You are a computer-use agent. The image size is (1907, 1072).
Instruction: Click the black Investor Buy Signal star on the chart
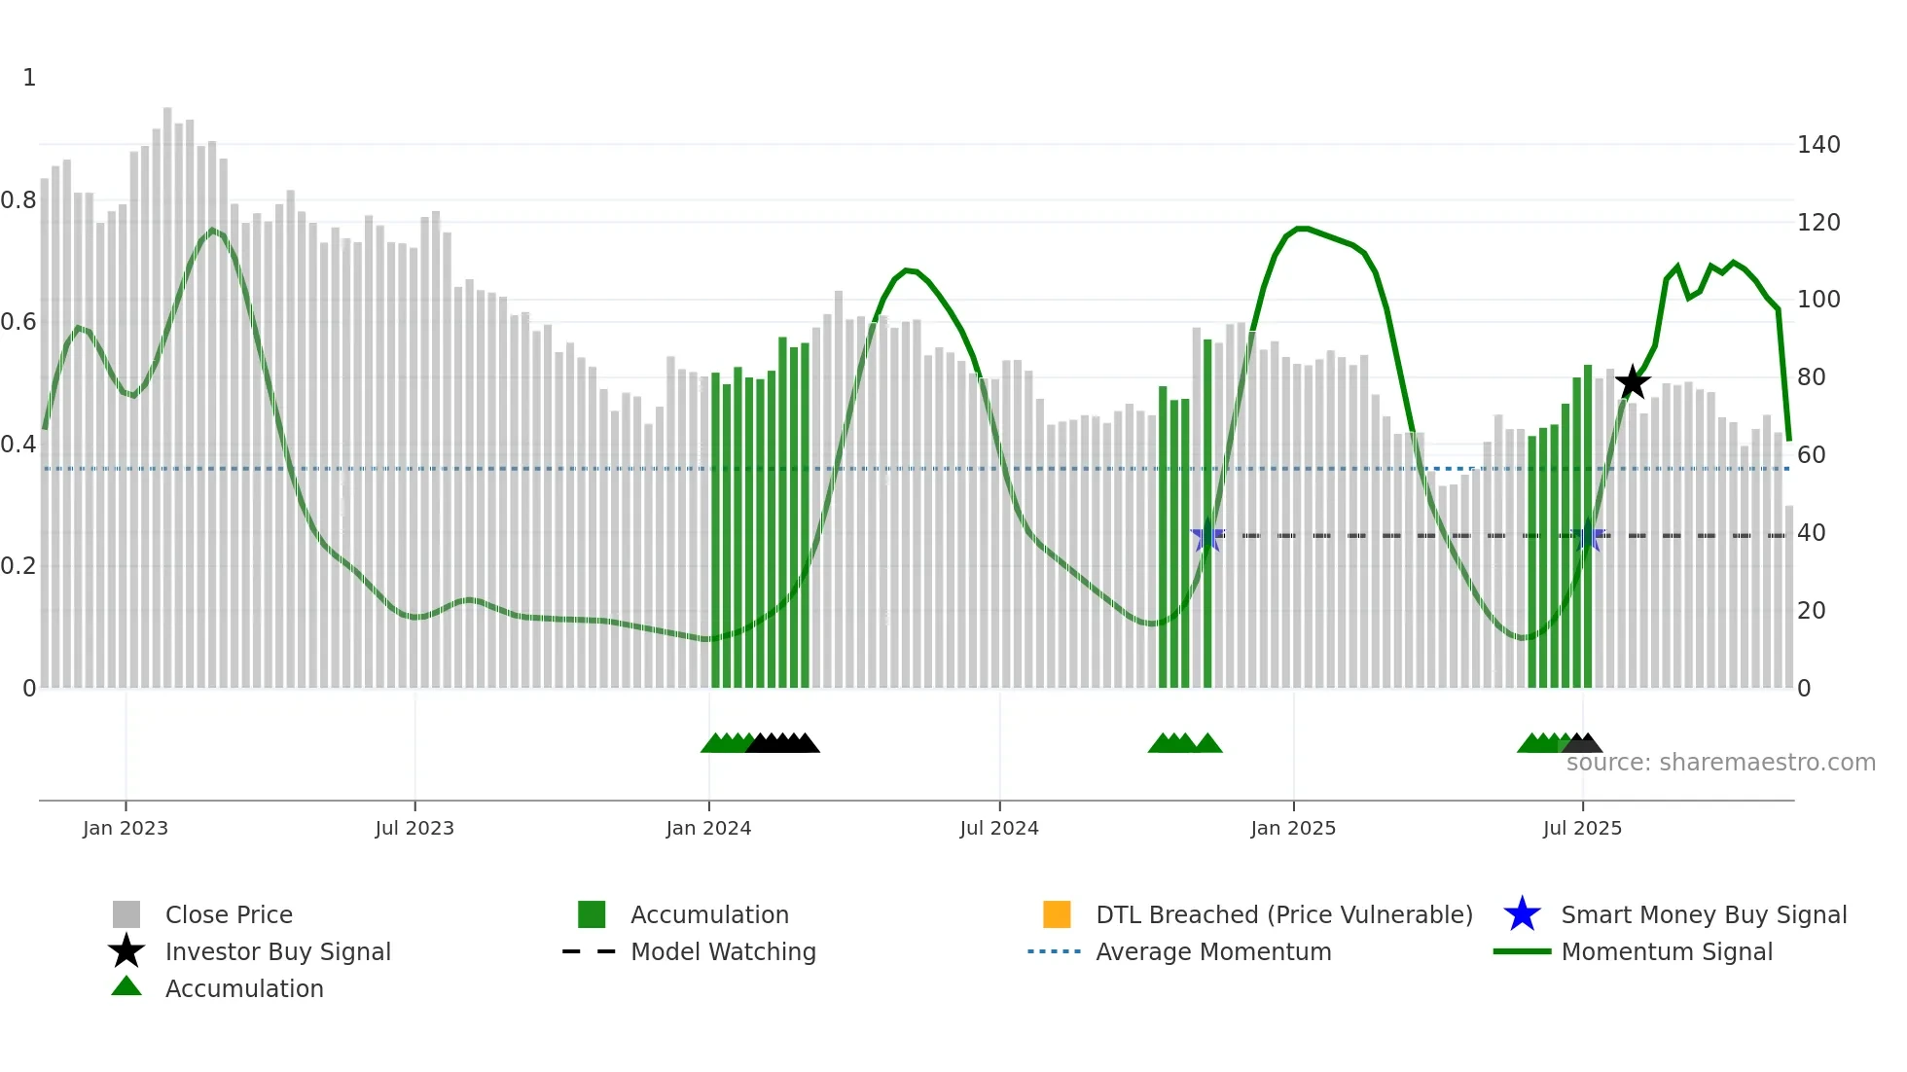point(1633,382)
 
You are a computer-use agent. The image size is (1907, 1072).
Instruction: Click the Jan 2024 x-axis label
point(708,828)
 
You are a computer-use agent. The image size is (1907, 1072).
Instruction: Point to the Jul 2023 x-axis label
point(414,828)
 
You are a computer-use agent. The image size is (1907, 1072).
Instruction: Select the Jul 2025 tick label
point(1582,828)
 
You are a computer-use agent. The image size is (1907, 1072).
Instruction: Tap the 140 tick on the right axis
point(1818,145)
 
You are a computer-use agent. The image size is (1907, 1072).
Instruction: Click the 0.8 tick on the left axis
point(19,200)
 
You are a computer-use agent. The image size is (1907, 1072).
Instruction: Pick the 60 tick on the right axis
point(1811,454)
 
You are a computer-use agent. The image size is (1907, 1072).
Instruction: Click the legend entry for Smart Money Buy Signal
point(1703,914)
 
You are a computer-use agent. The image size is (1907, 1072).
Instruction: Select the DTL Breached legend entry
point(1283,914)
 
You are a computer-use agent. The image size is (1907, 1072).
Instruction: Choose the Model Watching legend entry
point(722,951)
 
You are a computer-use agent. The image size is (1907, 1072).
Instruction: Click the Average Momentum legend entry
point(1212,951)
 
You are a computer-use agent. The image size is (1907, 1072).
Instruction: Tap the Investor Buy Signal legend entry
point(277,951)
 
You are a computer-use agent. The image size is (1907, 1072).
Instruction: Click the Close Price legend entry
point(228,914)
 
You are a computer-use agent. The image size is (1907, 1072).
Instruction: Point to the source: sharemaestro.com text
point(1720,762)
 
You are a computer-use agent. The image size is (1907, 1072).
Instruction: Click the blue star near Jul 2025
point(1588,535)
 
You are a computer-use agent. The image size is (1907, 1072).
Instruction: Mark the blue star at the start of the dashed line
point(1207,535)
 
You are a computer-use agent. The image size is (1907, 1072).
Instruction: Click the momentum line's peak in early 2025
point(1303,228)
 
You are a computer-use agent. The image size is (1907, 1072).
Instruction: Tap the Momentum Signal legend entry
point(1666,951)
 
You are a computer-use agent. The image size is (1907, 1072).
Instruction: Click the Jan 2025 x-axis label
point(1293,828)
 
